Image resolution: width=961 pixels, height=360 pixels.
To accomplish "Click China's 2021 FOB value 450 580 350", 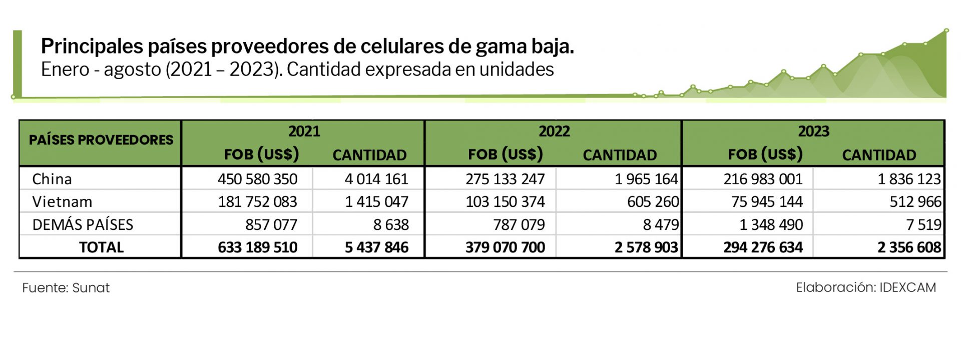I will click(257, 179).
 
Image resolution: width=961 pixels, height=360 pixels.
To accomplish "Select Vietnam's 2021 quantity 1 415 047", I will click(376, 201).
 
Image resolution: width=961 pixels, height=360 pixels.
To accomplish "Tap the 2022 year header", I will click(554, 131).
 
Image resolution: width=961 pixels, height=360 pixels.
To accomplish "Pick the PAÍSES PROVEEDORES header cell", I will click(101, 140).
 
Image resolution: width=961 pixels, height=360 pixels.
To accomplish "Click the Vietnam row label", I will click(62, 201).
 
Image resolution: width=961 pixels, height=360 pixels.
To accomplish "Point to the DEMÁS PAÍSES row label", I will click(83, 224).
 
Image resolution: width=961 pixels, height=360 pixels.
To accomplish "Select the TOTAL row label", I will click(101, 247).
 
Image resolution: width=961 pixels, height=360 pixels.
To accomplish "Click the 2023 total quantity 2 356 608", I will click(909, 247).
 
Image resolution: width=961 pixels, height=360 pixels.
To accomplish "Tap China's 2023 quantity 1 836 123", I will click(909, 179).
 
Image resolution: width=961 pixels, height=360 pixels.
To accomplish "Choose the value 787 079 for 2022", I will click(519, 224).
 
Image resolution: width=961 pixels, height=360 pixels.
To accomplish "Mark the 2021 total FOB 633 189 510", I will click(257, 247).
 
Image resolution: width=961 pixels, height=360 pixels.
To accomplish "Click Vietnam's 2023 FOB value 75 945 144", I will click(766, 201).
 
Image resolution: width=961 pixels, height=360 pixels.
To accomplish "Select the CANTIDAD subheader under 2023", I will click(878, 155).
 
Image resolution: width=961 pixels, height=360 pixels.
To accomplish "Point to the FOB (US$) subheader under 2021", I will click(261, 154).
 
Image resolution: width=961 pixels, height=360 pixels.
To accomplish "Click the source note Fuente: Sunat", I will click(66, 288).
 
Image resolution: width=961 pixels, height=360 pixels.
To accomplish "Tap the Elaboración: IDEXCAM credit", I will click(865, 287).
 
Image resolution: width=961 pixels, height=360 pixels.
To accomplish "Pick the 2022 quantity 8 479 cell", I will click(661, 224).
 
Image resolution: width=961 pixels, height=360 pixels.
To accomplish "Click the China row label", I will click(52, 179).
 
